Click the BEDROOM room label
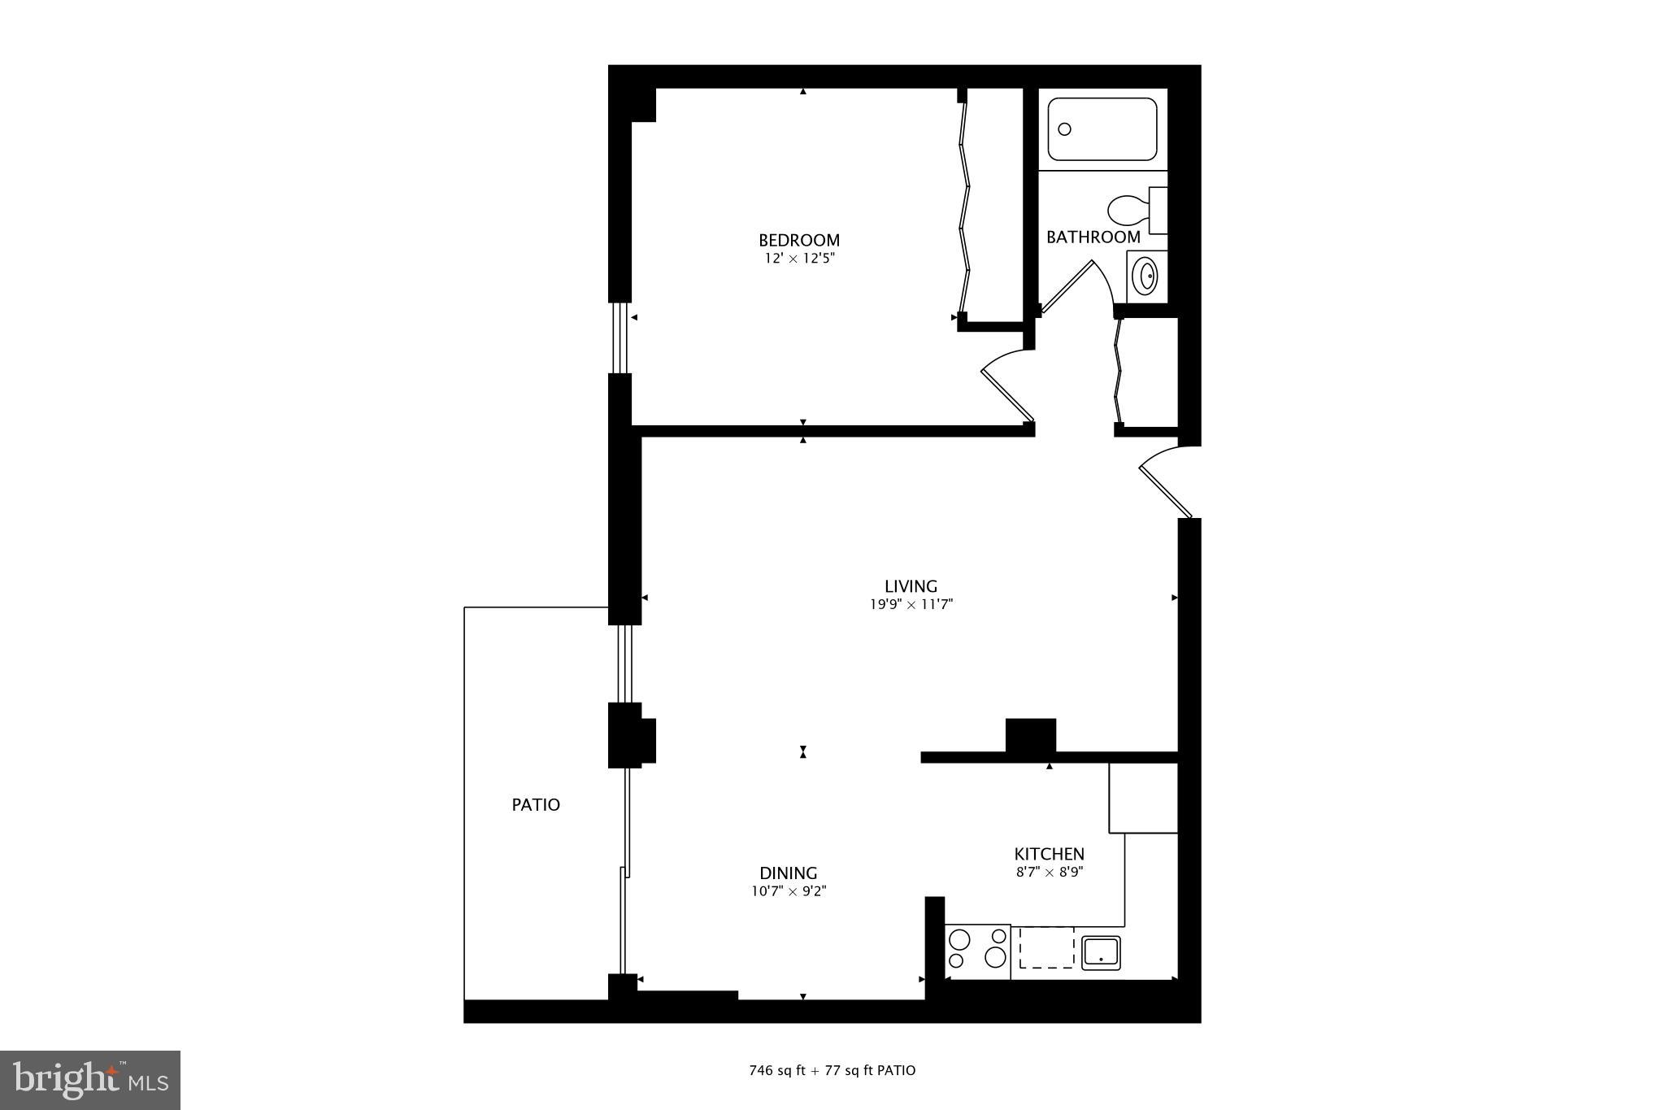click(798, 240)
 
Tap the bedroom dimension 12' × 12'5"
click(798, 259)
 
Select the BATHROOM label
click(1093, 237)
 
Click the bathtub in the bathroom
click(1102, 129)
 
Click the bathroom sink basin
click(1146, 276)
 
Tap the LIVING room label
click(911, 585)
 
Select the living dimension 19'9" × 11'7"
click(911, 604)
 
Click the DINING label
click(788, 873)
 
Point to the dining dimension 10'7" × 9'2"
click(788, 891)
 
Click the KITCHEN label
click(1049, 854)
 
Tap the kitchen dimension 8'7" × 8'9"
click(1049, 872)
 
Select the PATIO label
click(536, 804)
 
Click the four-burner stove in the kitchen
click(977, 948)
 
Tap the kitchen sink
click(1101, 952)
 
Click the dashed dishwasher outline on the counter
click(1046, 948)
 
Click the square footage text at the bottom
click(832, 1070)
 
